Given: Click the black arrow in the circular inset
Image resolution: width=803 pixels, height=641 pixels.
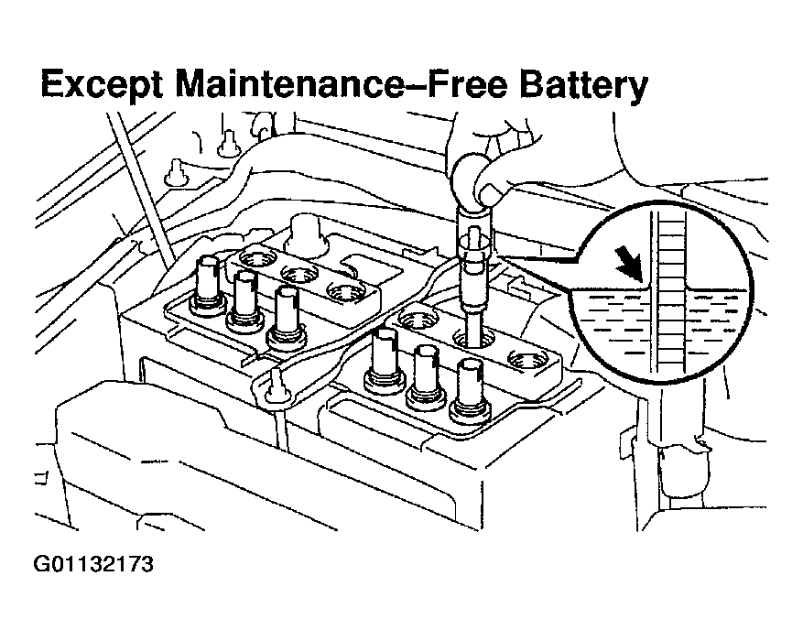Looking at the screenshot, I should point(631,266).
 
